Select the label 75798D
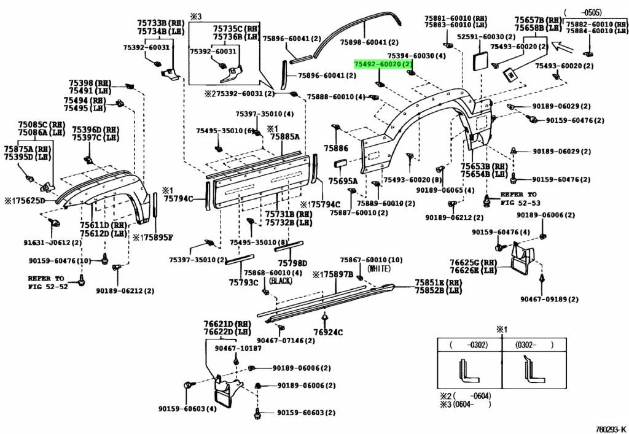[292, 263]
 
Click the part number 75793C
[244, 282]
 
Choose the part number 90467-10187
[238, 348]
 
